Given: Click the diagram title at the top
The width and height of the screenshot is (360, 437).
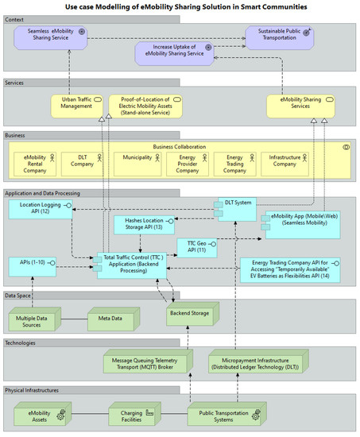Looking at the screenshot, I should click(x=180, y=6).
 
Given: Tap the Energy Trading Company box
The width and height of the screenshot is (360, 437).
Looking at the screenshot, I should click(x=234, y=164).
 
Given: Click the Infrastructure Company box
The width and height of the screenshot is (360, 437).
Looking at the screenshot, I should click(x=288, y=164).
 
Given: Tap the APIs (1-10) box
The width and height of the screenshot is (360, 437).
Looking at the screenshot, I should click(x=33, y=265).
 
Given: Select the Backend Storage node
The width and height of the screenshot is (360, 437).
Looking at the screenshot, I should click(x=190, y=315).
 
